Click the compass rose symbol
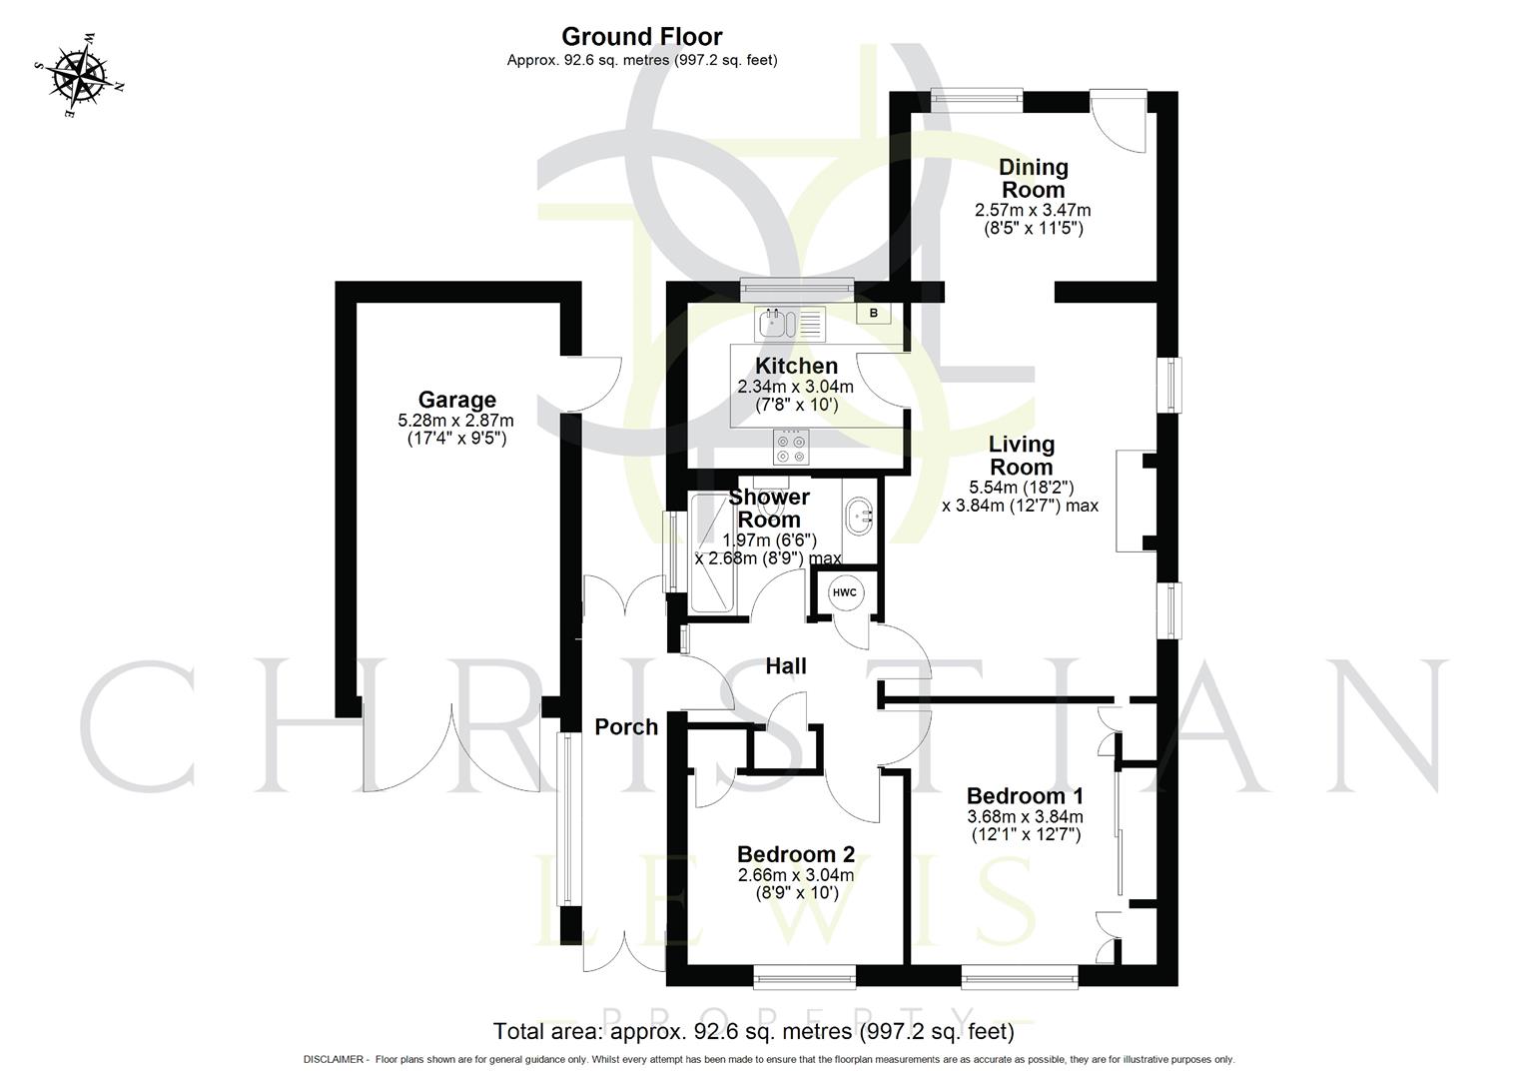tap(80, 76)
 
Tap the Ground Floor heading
tap(641, 37)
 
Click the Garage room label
tap(456, 400)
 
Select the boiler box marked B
tap(874, 313)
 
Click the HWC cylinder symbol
tap(845, 592)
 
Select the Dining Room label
tap(1033, 178)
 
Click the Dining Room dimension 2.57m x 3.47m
tap(1033, 211)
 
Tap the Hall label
tap(786, 665)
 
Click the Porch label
tap(626, 727)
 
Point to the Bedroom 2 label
tap(795, 854)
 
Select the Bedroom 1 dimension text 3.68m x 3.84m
tap(1025, 816)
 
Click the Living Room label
tap(1021, 456)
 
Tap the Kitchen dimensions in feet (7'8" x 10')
tap(795, 405)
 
